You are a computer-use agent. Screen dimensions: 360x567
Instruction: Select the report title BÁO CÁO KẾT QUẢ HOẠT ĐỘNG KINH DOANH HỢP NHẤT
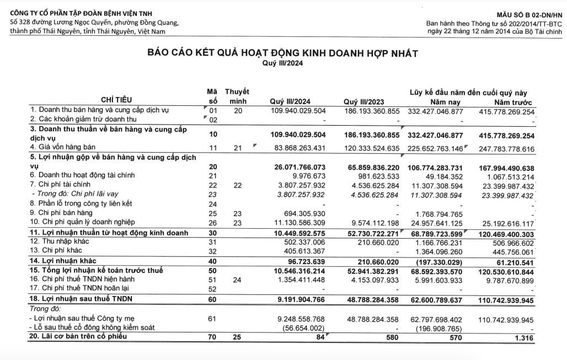pyautogui.click(x=282, y=53)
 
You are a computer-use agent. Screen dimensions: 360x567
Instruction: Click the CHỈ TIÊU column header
pyautogui.click(x=116, y=100)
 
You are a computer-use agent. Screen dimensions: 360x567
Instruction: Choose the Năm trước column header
pyautogui.click(x=513, y=103)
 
